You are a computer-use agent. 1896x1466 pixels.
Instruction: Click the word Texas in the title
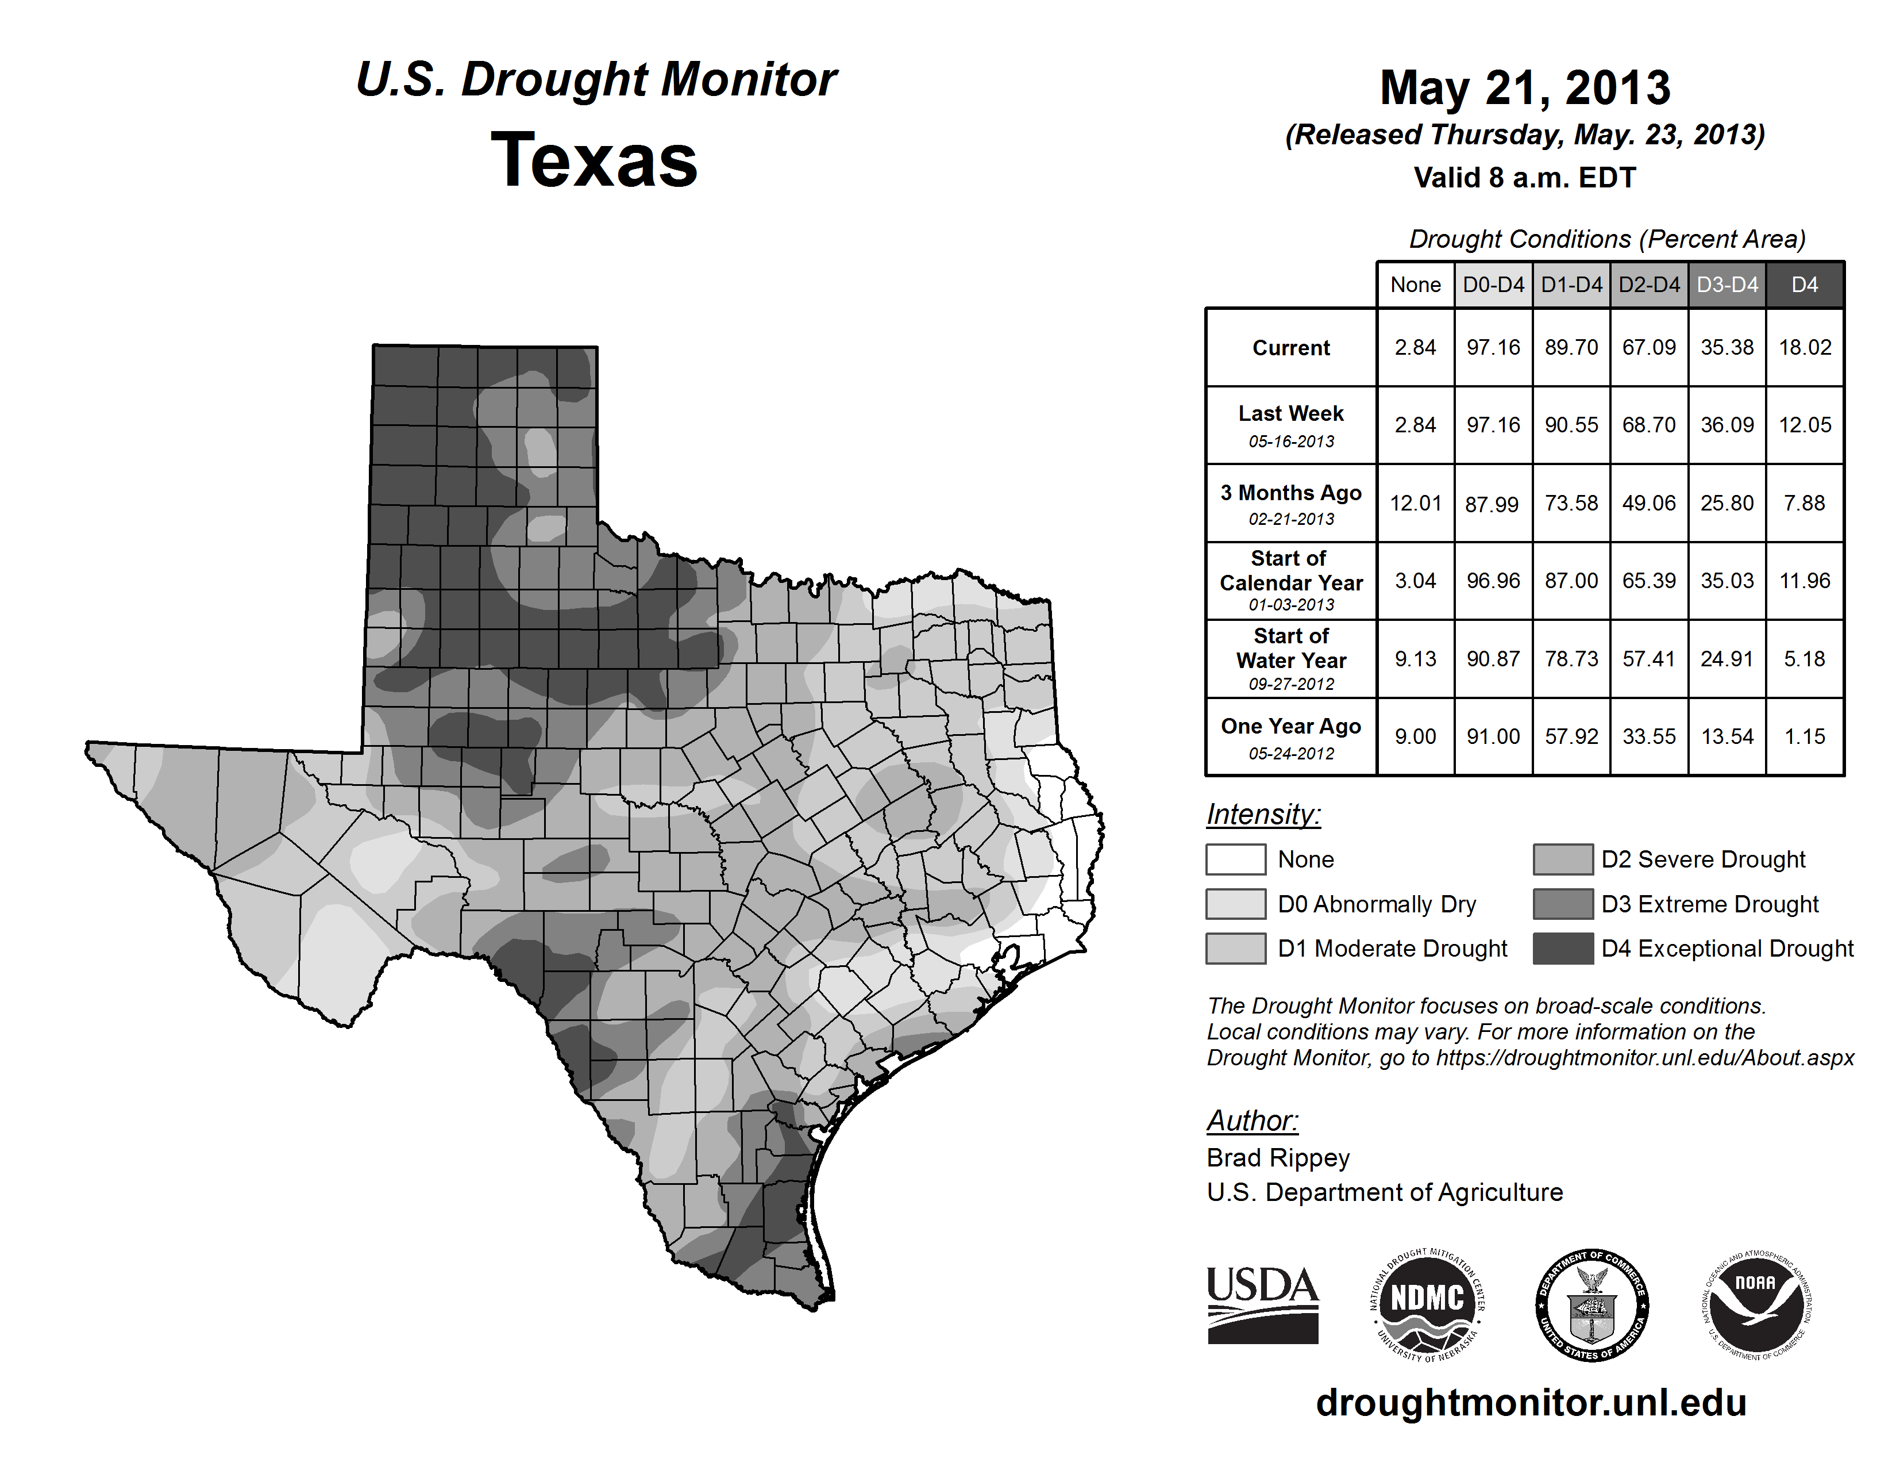[594, 160]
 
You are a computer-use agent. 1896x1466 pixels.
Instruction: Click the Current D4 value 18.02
[1805, 347]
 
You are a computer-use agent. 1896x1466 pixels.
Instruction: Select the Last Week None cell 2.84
[1415, 425]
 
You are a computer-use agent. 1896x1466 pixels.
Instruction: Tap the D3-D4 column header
[1727, 285]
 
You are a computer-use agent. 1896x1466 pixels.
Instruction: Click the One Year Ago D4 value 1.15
[1805, 736]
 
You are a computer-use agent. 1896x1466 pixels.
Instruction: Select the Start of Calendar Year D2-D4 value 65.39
[1648, 580]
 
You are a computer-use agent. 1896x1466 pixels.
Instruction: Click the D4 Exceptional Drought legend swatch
[1563, 949]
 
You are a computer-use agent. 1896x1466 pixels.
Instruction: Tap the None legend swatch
[1235, 859]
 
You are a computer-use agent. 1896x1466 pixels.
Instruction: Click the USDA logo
[1262, 1304]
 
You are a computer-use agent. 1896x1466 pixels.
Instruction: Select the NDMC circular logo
[1427, 1304]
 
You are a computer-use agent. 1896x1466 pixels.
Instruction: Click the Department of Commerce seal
[1592, 1304]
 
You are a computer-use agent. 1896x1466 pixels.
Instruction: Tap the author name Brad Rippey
[1278, 1158]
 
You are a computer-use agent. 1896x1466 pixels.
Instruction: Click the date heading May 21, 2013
[1524, 88]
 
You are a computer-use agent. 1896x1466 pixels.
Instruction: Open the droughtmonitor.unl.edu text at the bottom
[1531, 1403]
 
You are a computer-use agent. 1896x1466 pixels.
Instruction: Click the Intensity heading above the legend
[1263, 815]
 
